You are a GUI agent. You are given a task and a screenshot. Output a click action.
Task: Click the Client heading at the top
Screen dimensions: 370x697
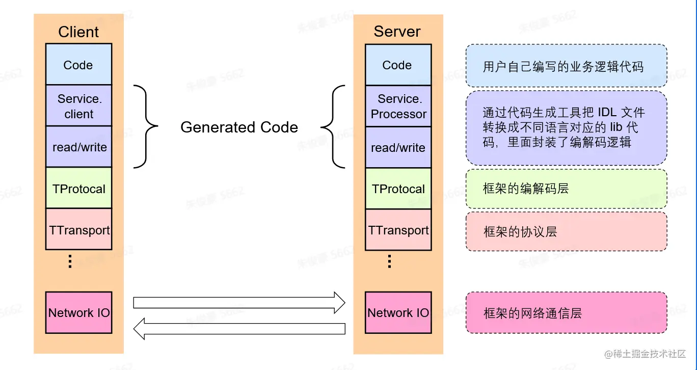(78, 32)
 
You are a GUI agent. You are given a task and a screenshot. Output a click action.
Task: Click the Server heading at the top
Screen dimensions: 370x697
(397, 31)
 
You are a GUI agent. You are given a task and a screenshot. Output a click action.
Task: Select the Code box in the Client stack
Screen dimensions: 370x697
(78, 65)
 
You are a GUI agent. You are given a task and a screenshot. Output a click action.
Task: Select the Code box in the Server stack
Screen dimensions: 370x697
(398, 65)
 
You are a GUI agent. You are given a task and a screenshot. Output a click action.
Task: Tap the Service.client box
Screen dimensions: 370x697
(78, 106)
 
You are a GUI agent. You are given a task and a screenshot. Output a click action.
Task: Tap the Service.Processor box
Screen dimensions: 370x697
(398, 107)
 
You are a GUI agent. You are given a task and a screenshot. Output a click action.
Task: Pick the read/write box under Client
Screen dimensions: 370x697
(78, 147)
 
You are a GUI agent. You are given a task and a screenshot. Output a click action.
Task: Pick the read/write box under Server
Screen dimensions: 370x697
(398, 148)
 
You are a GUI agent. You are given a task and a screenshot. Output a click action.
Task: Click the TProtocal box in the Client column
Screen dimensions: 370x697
(78, 189)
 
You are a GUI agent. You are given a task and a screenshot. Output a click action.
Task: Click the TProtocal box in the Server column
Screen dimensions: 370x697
(398, 189)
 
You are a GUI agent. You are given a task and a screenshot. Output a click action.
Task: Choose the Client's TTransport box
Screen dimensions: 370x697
(78, 229)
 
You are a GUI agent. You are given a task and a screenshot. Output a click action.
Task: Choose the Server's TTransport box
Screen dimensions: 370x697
(398, 230)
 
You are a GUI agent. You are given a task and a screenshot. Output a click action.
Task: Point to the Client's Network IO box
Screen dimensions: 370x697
(78, 312)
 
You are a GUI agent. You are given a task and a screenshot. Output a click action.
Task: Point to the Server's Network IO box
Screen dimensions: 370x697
(398, 312)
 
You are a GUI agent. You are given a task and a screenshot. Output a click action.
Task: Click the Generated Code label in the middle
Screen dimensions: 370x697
(239, 127)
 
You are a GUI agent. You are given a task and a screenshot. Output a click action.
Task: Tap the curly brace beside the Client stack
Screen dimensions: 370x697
(147, 126)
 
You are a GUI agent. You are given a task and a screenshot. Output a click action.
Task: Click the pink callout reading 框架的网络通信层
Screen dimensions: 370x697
(566, 313)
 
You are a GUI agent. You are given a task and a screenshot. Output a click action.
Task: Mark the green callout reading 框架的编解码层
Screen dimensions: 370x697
(566, 189)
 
